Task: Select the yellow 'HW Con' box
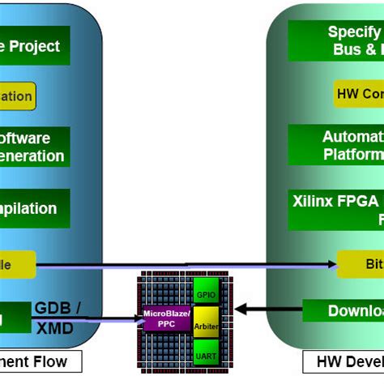click(x=357, y=92)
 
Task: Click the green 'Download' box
click(x=343, y=311)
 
